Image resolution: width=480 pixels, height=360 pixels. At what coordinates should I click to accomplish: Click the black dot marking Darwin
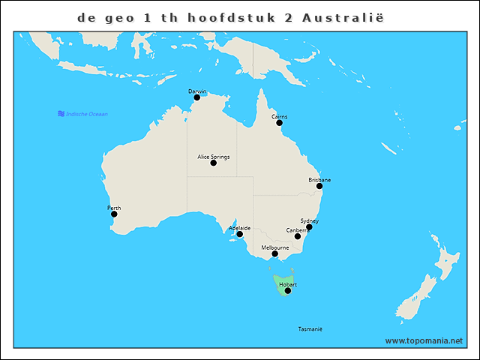(197, 97)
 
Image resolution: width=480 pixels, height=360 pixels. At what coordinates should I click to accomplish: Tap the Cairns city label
(279, 117)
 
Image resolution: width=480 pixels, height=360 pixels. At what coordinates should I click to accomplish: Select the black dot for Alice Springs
(214, 163)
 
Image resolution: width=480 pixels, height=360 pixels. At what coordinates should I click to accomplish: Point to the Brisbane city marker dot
(319, 186)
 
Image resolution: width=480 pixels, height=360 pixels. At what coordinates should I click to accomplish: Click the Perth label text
(114, 208)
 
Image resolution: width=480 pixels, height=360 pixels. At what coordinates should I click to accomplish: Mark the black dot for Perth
(114, 214)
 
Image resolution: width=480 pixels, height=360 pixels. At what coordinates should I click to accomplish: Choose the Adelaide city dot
(240, 235)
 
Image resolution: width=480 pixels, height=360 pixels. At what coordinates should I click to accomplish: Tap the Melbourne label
(274, 247)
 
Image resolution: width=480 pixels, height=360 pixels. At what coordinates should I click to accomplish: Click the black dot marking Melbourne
(274, 254)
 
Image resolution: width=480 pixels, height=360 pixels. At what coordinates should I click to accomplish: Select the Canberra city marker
(298, 237)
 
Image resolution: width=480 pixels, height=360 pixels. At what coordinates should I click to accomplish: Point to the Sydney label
(309, 220)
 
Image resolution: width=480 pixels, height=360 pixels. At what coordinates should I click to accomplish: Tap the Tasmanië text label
(310, 329)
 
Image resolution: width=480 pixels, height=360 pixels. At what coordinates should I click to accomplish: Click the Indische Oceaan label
(87, 114)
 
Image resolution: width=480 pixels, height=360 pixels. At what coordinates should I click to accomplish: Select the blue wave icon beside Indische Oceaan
(61, 114)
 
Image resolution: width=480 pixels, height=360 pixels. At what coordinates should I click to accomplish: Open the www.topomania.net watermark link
(424, 340)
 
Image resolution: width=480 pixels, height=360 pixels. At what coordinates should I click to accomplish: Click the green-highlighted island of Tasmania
(279, 282)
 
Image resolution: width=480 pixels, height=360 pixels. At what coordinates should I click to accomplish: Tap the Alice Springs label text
(213, 157)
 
